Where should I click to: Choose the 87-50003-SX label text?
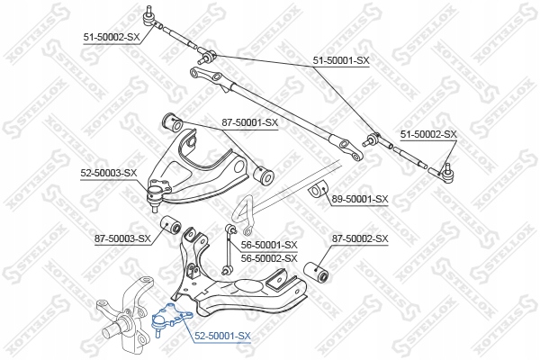pyautogui.click(x=121, y=238)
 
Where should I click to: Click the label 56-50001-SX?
pyautogui.click(x=268, y=244)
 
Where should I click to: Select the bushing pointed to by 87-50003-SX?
pyautogui.click(x=170, y=225)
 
